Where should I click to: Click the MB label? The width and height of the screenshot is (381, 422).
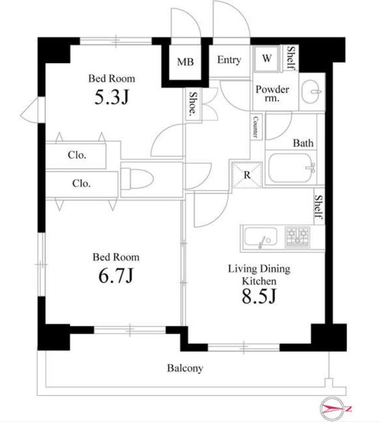coord(185,62)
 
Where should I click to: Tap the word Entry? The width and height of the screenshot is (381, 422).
coord(229,60)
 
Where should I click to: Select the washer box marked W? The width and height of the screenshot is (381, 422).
coord(267,58)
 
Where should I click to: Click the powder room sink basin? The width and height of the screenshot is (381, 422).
coord(311,92)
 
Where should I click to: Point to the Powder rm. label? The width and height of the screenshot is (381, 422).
coord(272,93)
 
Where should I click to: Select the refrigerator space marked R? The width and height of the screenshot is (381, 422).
coord(247,175)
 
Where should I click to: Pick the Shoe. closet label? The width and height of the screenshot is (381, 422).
coord(192,103)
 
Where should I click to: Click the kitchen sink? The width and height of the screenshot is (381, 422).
coord(260,237)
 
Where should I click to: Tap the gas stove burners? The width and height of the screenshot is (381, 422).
coord(297,237)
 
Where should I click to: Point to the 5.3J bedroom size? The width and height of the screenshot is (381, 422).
coord(112,97)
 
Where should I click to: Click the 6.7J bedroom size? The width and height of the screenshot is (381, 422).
coord(116,275)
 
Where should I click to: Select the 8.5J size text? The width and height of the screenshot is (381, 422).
coord(259,296)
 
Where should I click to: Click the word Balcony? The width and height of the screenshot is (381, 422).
coord(185,368)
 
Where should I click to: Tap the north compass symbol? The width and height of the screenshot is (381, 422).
coord(336,409)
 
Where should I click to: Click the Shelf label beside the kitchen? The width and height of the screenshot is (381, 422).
coord(319,208)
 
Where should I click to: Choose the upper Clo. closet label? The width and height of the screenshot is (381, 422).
coord(77,155)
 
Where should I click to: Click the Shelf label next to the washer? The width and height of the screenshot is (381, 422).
coord(291,58)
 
